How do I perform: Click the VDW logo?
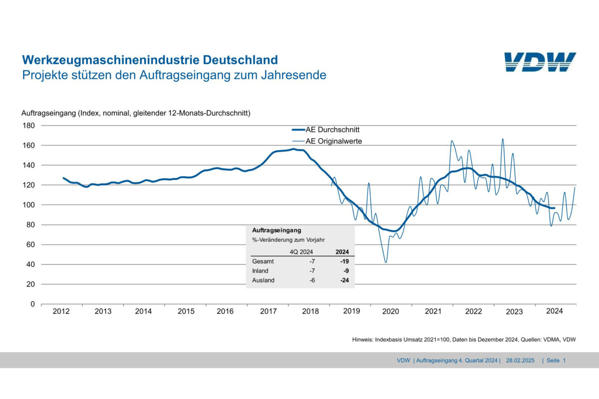pyautogui.click(x=540, y=62)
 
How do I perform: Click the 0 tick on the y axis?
pyautogui.click(x=32, y=304)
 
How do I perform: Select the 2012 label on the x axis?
pyautogui.click(x=61, y=312)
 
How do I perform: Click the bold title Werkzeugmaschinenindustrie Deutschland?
pyautogui.click(x=150, y=60)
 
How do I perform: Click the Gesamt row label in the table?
pyautogui.click(x=263, y=261)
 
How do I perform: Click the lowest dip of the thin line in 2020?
pyautogui.click(x=385, y=262)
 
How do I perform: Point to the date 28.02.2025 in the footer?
pyautogui.click(x=521, y=360)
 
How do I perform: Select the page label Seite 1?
pyautogui.click(x=556, y=360)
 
